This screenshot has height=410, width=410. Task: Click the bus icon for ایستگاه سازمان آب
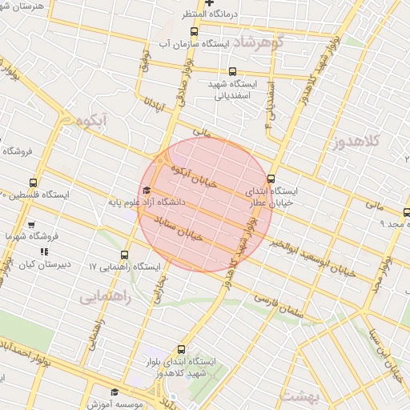coord(195,30)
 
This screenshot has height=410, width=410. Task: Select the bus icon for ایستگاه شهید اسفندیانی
coord(232,71)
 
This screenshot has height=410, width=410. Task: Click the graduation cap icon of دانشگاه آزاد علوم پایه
coord(146,191)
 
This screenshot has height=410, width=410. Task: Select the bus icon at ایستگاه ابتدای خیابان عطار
coord(271,179)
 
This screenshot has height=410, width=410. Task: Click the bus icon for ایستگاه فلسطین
coord(33,183)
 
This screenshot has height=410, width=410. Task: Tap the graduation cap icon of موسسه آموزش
coord(115,392)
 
